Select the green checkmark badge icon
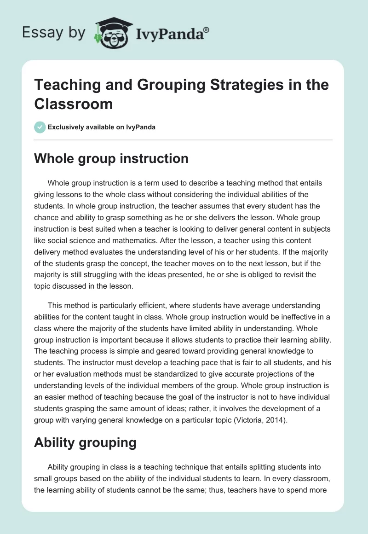point(40,127)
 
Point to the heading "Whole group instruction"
point(111,159)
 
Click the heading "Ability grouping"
point(85,443)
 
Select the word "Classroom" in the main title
point(74,104)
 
